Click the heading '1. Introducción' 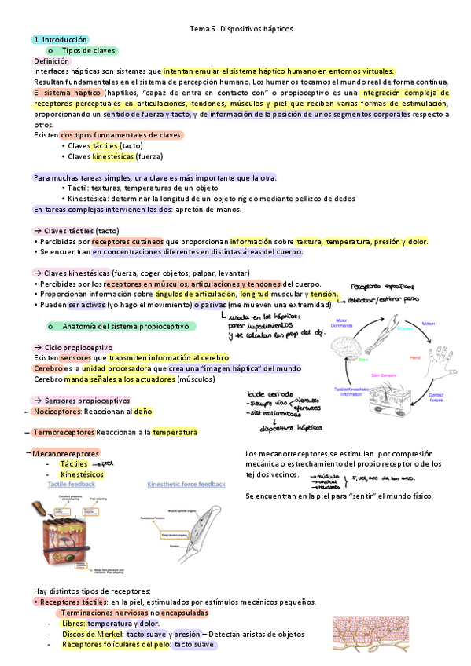[x=60, y=39]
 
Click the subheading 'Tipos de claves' [x=88, y=50]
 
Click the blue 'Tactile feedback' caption [x=72, y=485]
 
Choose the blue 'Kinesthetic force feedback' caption [x=186, y=485]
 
